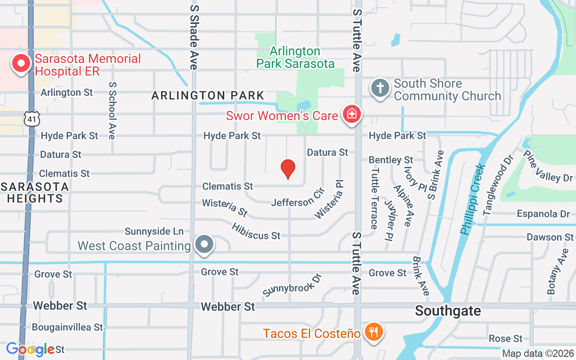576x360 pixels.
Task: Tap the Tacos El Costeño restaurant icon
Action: pyautogui.click(x=373, y=333)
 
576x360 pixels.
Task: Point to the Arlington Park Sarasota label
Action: pyautogui.click(x=295, y=57)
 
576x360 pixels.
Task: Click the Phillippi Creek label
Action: pyautogui.click(x=473, y=198)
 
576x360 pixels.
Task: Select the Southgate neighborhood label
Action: pyautogui.click(x=448, y=311)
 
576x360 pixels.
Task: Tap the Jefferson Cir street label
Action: pyautogui.click(x=297, y=198)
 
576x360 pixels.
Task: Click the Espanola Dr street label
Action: pyautogui.click(x=543, y=214)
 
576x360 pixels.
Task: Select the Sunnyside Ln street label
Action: pyautogui.click(x=154, y=231)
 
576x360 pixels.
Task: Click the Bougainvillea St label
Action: pyautogui.click(x=67, y=327)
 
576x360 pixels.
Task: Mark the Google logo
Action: pyautogui.click(x=31, y=349)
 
